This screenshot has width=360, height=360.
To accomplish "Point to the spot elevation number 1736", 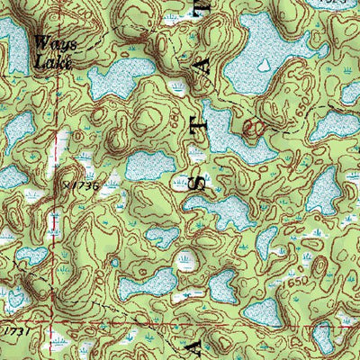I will [82, 185].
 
